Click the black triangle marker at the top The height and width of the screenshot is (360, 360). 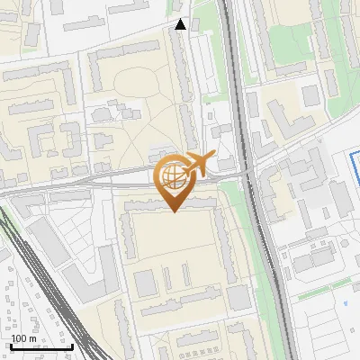coord(181,24)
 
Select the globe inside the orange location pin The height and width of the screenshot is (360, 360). coord(173,177)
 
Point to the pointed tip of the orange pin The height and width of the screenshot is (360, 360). coord(173,211)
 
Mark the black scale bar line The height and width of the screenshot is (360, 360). coord(41,347)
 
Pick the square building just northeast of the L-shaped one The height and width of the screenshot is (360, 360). coord(310,95)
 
